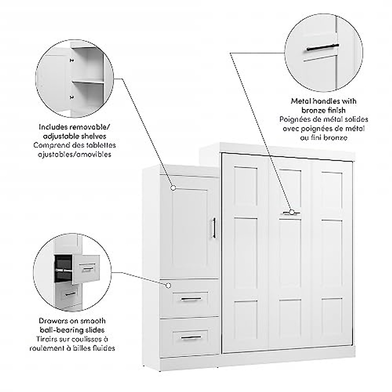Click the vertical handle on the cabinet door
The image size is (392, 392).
(x=214, y=228)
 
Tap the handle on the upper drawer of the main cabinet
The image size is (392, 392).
(x=191, y=299)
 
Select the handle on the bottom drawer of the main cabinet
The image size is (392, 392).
(x=191, y=337)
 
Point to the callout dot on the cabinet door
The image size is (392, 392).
(x=173, y=188)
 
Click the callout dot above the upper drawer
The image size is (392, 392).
(x=168, y=286)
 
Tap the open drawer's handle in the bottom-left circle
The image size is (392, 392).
(x=87, y=269)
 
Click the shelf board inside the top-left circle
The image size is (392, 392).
(x=88, y=82)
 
